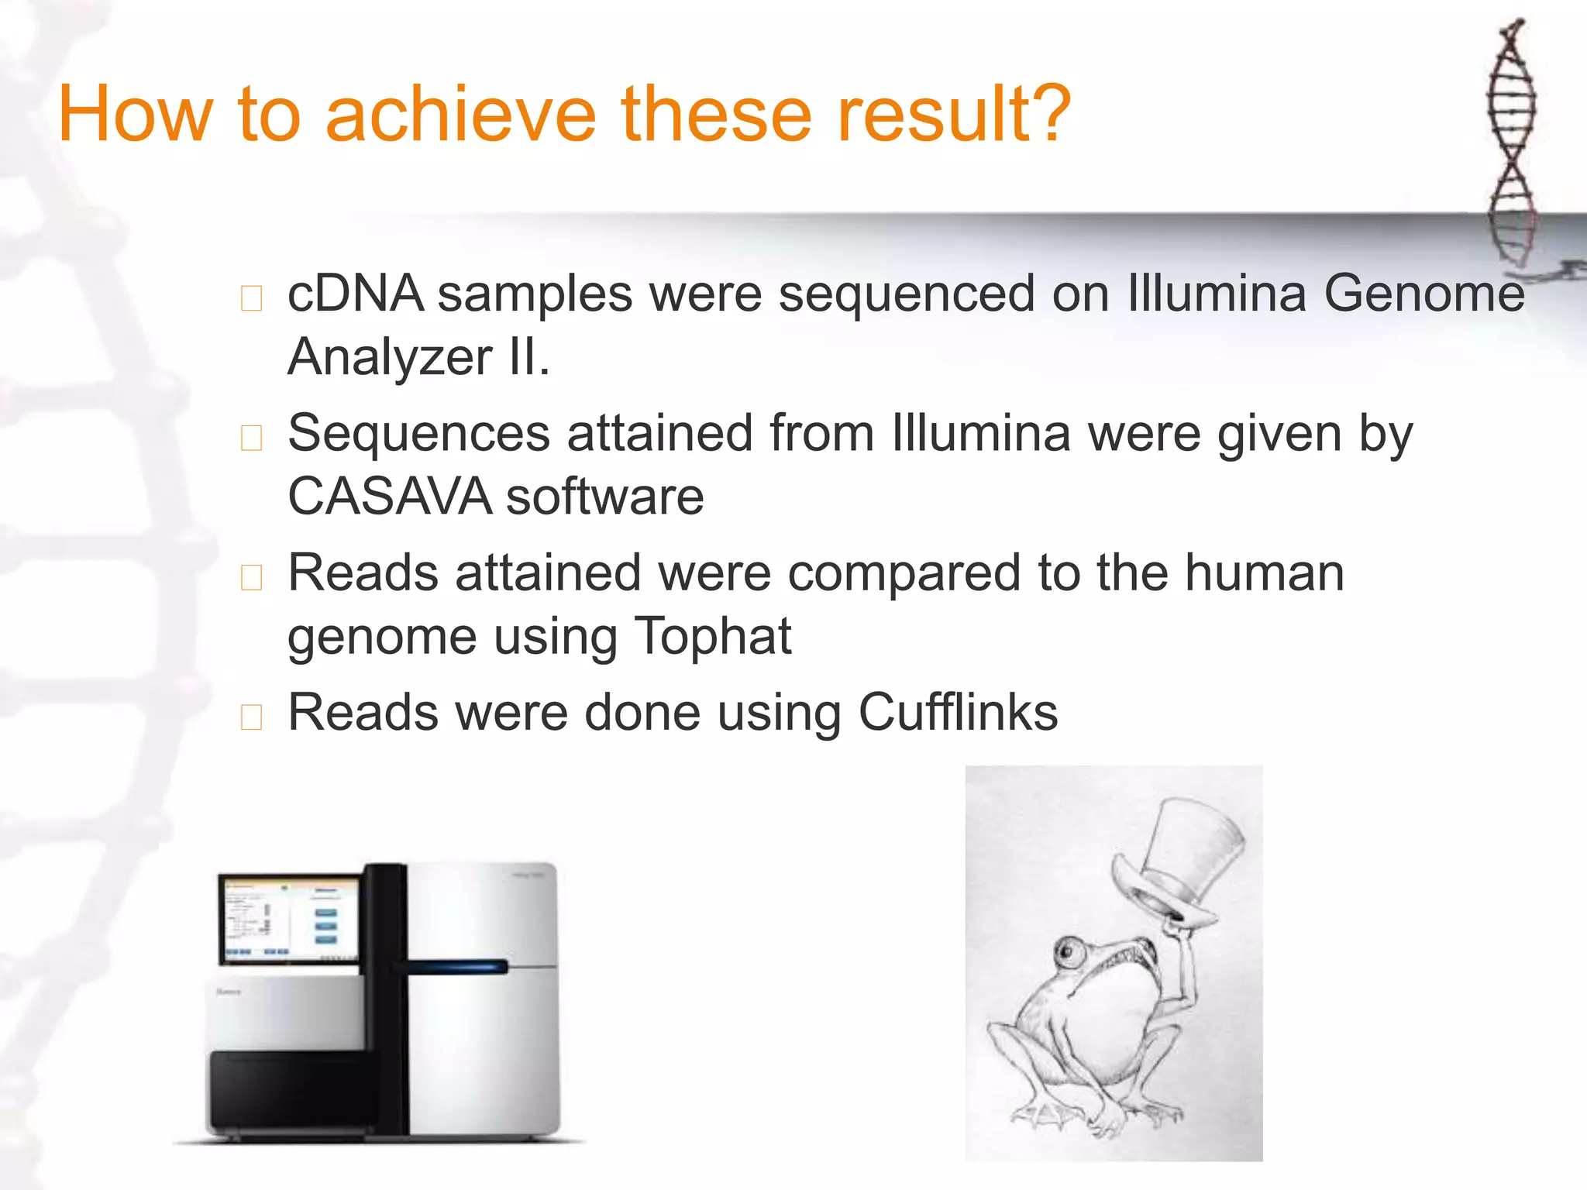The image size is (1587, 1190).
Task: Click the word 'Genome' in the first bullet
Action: click(x=1423, y=294)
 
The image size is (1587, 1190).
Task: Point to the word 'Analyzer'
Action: click(x=390, y=358)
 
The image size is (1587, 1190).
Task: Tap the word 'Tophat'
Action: click(x=712, y=637)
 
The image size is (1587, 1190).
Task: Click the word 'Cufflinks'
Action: click(x=958, y=712)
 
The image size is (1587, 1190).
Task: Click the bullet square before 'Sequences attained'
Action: click(x=251, y=438)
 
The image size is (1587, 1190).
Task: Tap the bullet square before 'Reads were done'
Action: click(x=251, y=717)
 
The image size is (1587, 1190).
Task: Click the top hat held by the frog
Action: click(x=1186, y=860)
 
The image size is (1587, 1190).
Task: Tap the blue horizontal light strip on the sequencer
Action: click(x=457, y=966)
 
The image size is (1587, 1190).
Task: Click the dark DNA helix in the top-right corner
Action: click(x=1511, y=139)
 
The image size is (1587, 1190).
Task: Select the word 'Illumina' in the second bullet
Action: click(x=981, y=433)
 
